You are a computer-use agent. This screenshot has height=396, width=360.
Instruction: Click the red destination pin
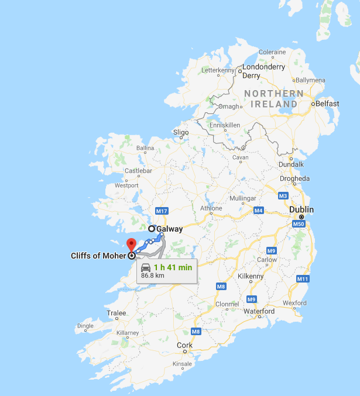pyautogui.click(x=131, y=244)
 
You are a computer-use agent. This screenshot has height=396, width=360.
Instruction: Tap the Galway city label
pyautogui.click(x=169, y=229)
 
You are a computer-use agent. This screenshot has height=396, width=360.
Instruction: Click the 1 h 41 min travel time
pyautogui.click(x=173, y=267)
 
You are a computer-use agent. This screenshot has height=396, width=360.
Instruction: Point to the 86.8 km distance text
pyautogui.click(x=153, y=276)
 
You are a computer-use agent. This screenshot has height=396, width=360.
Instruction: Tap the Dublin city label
pyautogui.click(x=301, y=209)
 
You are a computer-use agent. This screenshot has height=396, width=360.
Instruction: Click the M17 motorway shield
pyautogui.click(x=162, y=211)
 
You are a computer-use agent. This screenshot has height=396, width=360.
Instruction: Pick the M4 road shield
pyautogui.click(x=258, y=210)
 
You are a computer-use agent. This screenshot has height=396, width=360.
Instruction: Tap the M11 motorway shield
pyautogui.click(x=303, y=279)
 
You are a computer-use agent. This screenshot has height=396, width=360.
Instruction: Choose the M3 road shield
pyautogui.click(x=283, y=195)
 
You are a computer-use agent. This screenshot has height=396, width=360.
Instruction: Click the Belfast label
pyautogui.click(x=327, y=104)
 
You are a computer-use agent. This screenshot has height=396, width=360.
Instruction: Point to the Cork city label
pyautogui.click(x=185, y=345)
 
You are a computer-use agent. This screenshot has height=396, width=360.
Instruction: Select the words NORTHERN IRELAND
pyautogui.click(x=274, y=99)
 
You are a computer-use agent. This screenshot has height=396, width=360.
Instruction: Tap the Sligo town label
pyautogui.click(x=181, y=132)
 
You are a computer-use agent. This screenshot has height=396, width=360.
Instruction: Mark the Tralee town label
pyautogui.click(x=116, y=314)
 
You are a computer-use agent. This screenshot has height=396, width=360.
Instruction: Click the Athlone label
pyautogui.click(x=211, y=208)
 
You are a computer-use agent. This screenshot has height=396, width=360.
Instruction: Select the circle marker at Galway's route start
pyautogui.click(x=152, y=229)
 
